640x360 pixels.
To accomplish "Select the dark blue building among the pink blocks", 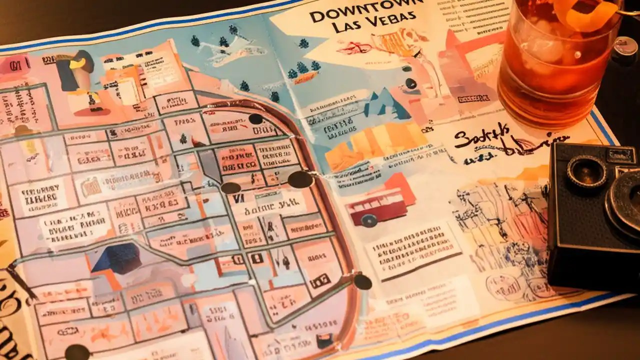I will (x=116, y=258).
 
